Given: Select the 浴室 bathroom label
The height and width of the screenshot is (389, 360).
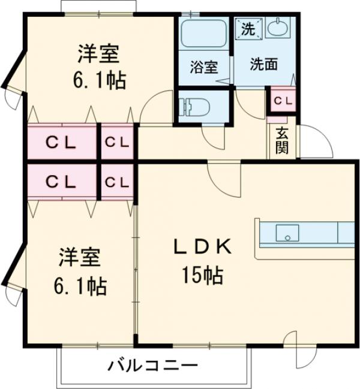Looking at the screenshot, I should [204, 67].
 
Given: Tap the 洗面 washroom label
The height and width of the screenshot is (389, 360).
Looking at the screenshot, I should [263, 64].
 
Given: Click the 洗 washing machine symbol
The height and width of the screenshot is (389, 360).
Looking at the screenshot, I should [248, 26].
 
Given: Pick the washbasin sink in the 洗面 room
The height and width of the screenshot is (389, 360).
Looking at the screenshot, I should [278, 27].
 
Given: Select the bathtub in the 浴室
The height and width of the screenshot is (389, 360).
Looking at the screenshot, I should [203, 35].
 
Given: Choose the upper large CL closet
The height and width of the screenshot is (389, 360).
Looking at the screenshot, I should [61, 143].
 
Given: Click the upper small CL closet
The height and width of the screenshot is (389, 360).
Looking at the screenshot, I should [116, 143].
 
